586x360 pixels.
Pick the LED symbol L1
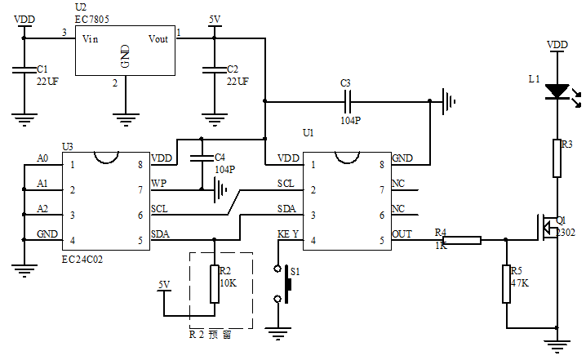click(557, 90)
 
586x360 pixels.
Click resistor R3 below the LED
click(557, 158)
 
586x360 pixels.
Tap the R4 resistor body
click(462, 240)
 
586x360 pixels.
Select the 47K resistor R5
click(506, 282)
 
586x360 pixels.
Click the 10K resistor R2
click(214, 283)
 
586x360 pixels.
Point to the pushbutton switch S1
click(286, 282)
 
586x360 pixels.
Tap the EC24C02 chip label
click(84, 257)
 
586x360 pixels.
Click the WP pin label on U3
click(158, 183)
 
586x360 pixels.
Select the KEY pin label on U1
click(289, 233)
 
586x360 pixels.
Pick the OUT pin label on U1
click(402, 233)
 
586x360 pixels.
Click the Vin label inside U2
click(90, 38)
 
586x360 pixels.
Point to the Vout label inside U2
click(158, 38)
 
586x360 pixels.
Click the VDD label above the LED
click(557, 45)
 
